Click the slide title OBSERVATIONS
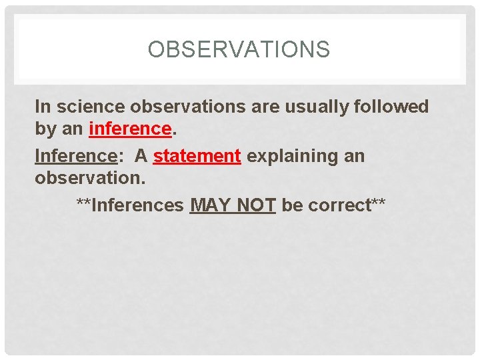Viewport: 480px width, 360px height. click(x=239, y=49)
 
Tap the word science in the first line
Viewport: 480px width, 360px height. click(x=87, y=107)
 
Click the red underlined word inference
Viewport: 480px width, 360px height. click(x=130, y=129)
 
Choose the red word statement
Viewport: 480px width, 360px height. click(x=197, y=156)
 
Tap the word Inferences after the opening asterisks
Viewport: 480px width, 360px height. click(x=137, y=205)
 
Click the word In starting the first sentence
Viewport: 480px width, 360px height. click(x=42, y=107)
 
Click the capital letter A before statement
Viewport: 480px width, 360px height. click(x=141, y=156)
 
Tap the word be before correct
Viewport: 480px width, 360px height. click(x=291, y=205)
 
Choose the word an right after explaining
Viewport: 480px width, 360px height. click(x=353, y=156)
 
